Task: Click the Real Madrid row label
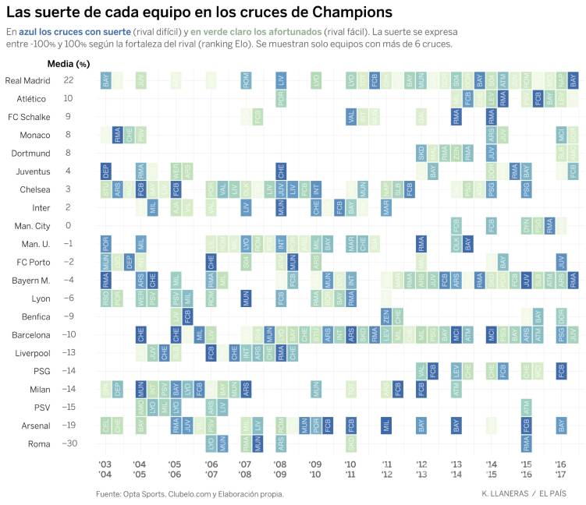(x=27, y=80)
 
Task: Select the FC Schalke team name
(x=29, y=117)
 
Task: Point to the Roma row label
(x=38, y=443)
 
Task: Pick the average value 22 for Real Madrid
(x=69, y=80)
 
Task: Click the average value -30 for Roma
(x=69, y=443)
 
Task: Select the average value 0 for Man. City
(x=69, y=226)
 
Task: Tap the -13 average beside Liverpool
(x=69, y=353)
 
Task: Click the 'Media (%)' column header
(x=69, y=63)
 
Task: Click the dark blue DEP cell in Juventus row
(x=105, y=171)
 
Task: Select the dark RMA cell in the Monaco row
(x=117, y=135)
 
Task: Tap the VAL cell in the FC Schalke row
(x=351, y=117)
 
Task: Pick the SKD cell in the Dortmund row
(x=421, y=154)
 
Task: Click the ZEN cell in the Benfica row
(x=385, y=316)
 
